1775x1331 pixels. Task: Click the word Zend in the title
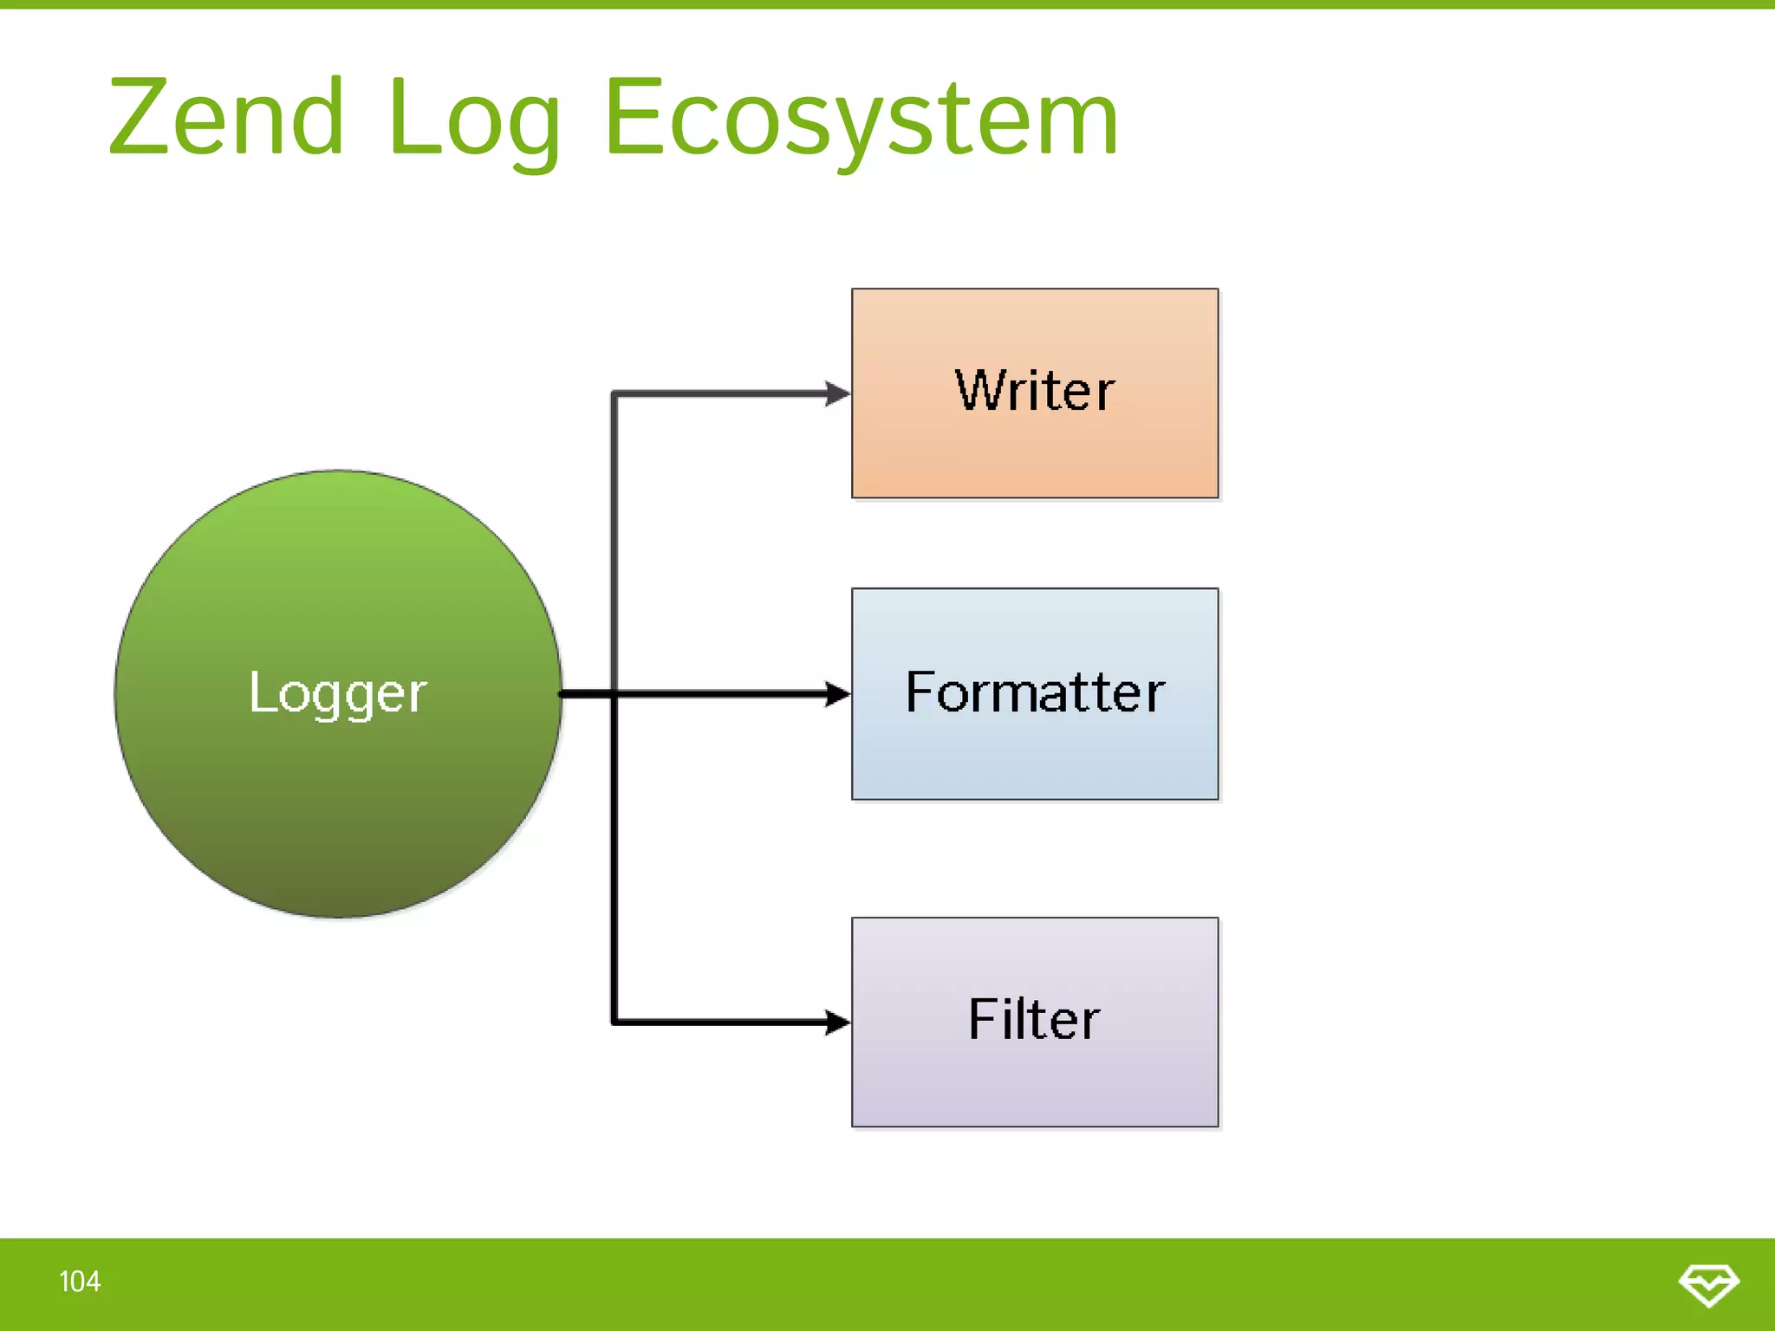pyautogui.click(x=227, y=117)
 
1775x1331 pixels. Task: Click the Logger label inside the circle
pyautogui.click(x=338, y=693)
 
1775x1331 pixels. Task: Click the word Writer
pyautogui.click(x=1035, y=391)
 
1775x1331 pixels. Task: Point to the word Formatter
pyautogui.click(x=1035, y=692)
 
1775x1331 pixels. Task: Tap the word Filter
pyautogui.click(x=1035, y=1019)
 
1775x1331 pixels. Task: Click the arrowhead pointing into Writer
pyautogui.click(x=837, y=393)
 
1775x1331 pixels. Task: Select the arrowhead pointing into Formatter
pyautogui.click(x=837, y=694)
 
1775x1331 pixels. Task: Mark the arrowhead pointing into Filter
pyautogui.click(x=837, y=1023)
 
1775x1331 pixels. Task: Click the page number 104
pyautogui.click(x=80, y=1282)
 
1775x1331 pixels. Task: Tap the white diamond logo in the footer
pyautogui.click(x=1708, y=1284)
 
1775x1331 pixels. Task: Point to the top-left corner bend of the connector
pyautogui.click(x=614, y=394)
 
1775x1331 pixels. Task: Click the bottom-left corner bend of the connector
pyautogui.click(x=614, y=1023)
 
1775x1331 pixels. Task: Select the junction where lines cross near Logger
pyautogui.click(x=614, y=694)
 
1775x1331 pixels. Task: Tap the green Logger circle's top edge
pyautogui.click(x=338, y=472)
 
